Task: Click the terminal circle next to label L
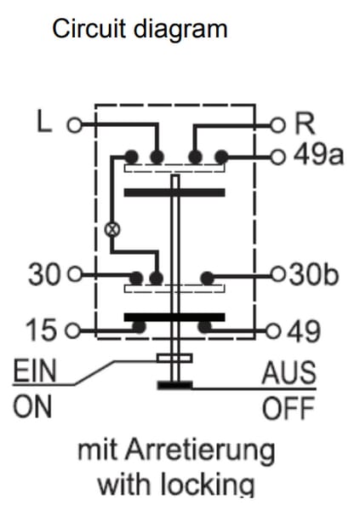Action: (x=75, y=125)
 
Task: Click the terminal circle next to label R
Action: (x=278, y=125)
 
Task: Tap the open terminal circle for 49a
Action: (x=278, y=158)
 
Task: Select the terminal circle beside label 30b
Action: (x=278, y=275)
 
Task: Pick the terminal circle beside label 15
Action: (x=72, y=330)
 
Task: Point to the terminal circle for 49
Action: (x=273, y=331)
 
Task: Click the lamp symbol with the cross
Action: (x=112, y=229)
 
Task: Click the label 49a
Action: (x=318, y=156)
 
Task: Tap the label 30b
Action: (x=314, y=275)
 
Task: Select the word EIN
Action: (x=35, y=370)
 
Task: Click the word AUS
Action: (x=289, y=372)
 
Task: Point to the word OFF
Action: (x=289, y=408)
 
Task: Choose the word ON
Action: (x=32, y=406)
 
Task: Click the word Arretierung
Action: (x=200, y=451)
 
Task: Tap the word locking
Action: (x=207, y=485)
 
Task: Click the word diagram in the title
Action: (x=180, y=29)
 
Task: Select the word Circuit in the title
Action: (x=89, y=28)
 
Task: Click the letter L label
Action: (x=44, y=121)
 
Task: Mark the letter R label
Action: (x=305, y=123)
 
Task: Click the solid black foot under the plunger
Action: (x=175, y=385)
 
